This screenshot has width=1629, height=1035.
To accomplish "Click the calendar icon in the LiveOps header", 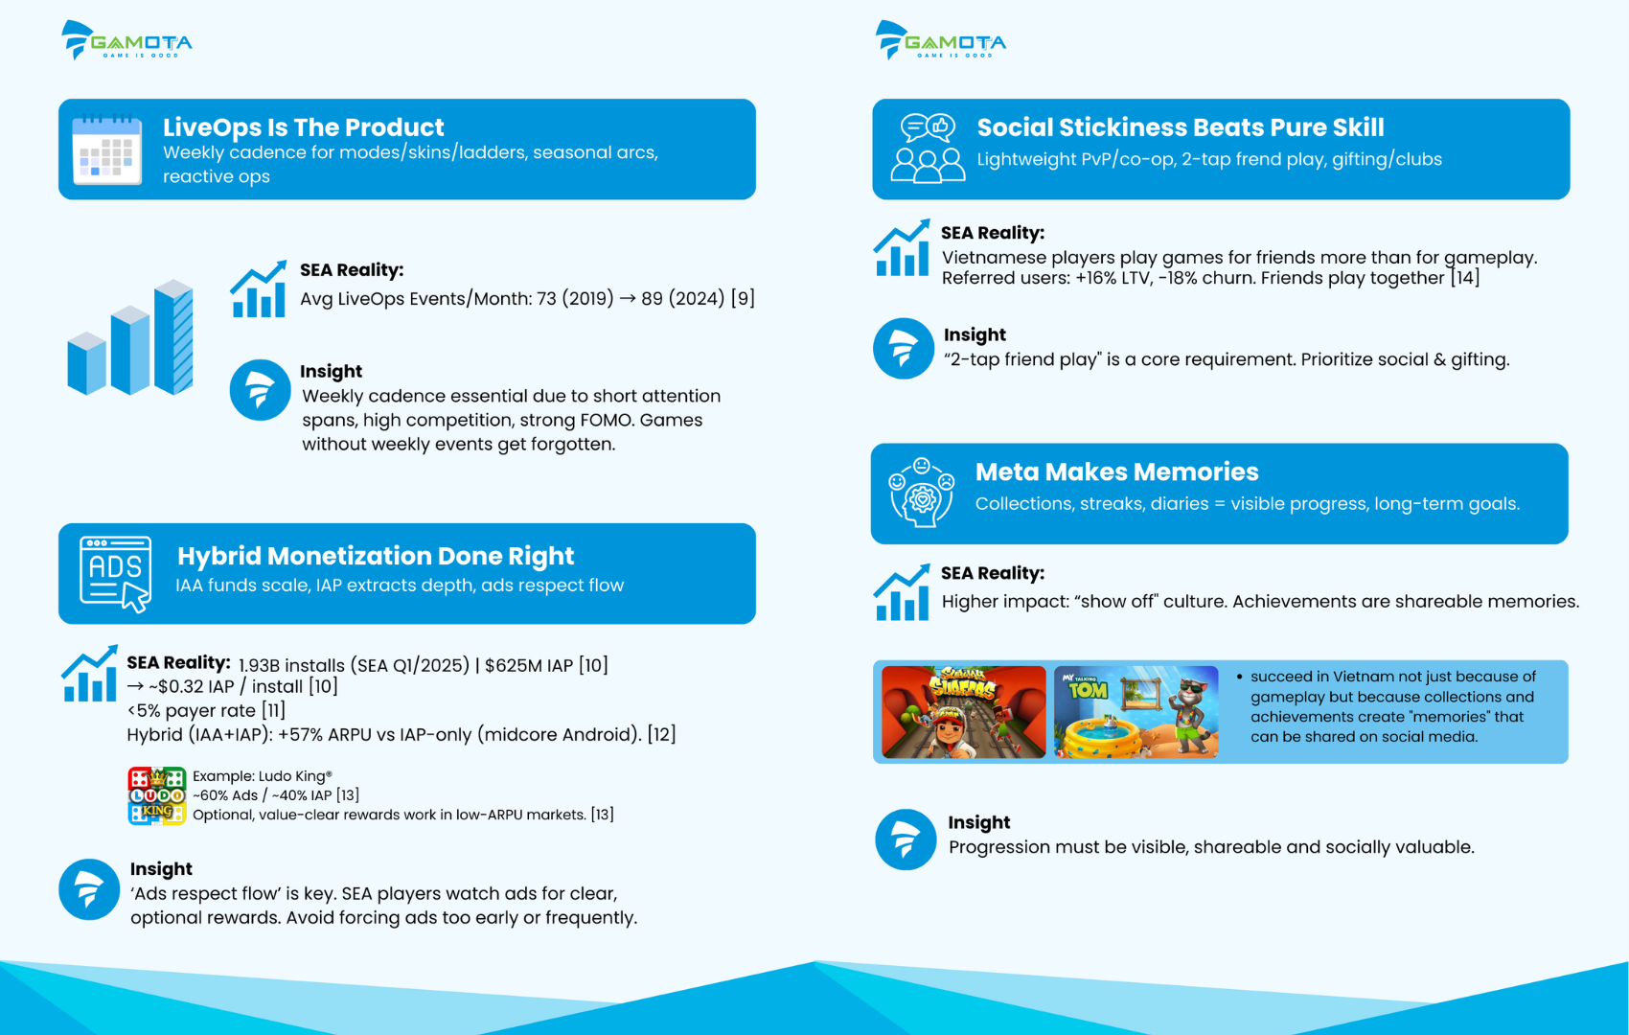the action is [x=107, y=150].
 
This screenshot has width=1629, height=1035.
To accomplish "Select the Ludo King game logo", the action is [x=156, y=795].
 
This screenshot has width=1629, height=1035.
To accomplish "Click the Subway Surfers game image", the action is [x=964, y=712].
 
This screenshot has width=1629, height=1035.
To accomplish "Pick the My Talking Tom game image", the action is [x=1136, y=712].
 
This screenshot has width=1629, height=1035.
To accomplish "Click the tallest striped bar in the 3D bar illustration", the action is [x=173, y=336].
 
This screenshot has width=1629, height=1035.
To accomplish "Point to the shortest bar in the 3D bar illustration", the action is [x=86, y=363].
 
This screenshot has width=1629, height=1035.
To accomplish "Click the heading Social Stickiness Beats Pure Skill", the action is [x=1181, y=127].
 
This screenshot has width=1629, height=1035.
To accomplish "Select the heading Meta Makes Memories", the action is [x=1116, y=472].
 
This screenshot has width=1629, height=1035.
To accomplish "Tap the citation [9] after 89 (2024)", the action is [x=743, y=298].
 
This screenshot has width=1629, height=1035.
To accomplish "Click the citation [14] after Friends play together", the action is [x=1464, y=278].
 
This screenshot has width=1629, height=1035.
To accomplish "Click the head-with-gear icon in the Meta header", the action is [x=922, y=494].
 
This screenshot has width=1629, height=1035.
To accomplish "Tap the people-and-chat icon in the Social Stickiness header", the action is [x=928, y=149].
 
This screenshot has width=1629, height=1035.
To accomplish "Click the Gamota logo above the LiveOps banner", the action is [x=126, y=40].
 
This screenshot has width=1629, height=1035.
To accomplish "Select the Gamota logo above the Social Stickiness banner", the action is [x=941, y=40].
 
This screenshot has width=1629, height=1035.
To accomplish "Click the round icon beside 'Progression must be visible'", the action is [x=906, y=839].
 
